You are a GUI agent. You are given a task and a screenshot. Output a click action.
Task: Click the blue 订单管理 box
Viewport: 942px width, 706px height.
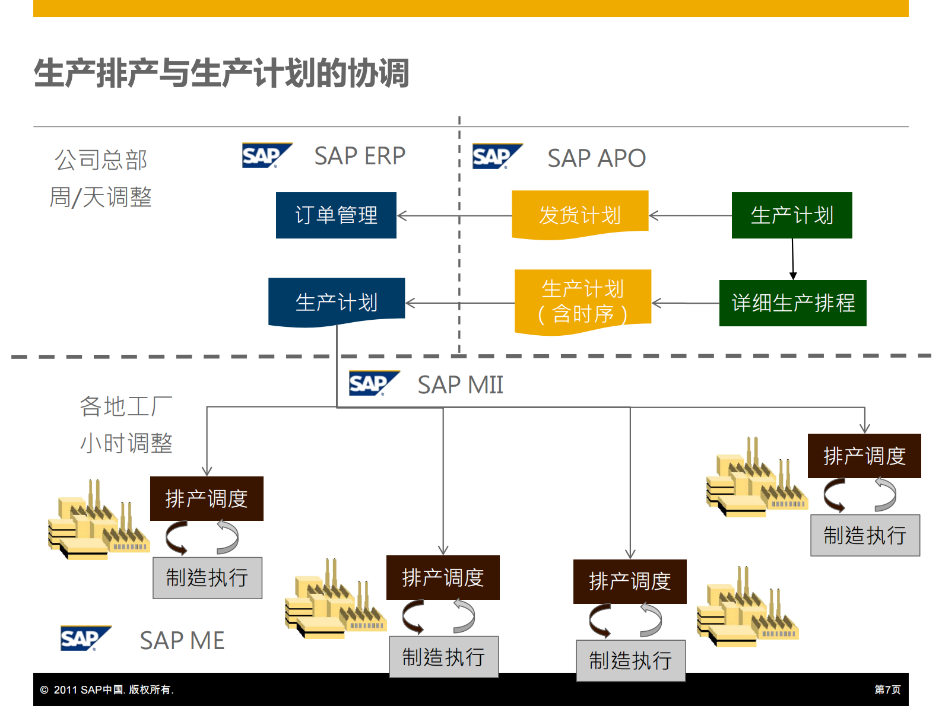(x=336, y=215)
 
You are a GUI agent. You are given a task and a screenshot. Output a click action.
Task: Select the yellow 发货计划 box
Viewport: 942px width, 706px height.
(x=580, y=215)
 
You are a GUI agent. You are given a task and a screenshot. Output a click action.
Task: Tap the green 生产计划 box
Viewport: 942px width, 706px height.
(x=792, y=215)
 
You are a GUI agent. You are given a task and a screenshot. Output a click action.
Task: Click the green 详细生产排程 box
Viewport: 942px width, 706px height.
(x=792, y=303)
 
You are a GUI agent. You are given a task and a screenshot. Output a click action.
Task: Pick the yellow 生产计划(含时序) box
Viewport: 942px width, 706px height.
(x=583, y=302)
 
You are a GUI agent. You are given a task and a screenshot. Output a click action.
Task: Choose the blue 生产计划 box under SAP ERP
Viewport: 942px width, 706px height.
(x=337, y=301)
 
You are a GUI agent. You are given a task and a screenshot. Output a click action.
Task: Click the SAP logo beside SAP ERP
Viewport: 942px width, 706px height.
(x=267, y=155)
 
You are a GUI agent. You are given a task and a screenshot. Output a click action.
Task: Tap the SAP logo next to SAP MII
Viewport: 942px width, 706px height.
(x=373, y=383)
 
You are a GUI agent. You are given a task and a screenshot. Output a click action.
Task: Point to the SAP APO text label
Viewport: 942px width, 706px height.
(x=596, y=158)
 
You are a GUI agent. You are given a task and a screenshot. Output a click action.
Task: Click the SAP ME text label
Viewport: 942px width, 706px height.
(x=182, y=641)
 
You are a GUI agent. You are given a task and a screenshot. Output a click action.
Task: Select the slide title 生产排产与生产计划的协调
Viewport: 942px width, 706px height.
(x=221, y=74)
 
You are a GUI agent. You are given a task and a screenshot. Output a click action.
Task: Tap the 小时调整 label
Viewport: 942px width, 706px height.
(x=126, y=443)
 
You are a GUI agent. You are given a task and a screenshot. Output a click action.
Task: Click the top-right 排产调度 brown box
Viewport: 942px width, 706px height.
(x=864, y=456)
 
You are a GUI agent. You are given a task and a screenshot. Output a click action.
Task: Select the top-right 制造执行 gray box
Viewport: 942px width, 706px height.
(x=865, y=535)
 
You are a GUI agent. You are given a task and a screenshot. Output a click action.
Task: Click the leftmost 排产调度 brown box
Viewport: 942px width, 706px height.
(x=207, y=498)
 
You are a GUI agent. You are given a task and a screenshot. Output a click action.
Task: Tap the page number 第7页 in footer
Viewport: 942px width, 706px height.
(x=887, y=689)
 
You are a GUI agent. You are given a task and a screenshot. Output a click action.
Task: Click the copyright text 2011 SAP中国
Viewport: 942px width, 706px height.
(x=107, y=689)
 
